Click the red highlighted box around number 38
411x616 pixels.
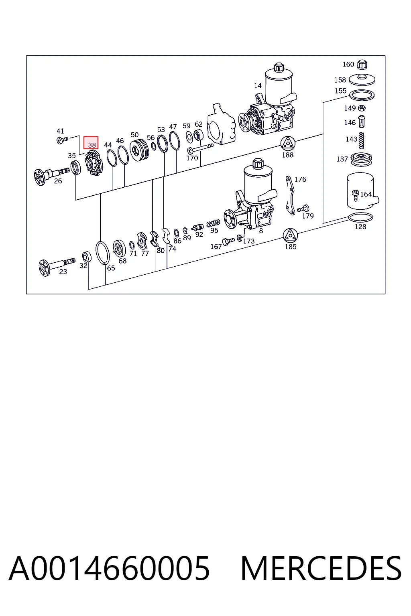click(91, 143)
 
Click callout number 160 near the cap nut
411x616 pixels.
click(348, 64)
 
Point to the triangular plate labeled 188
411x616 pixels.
click(288, 144)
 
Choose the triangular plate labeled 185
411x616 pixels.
click(290, 236)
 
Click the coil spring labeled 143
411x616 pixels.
click(362, 140)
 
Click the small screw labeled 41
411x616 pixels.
click(62, 140)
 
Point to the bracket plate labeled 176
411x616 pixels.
click(290, 195)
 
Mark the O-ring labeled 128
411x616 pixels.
click(360, 217)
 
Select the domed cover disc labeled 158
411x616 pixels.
click(362, 80)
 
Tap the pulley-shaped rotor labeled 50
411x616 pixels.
click(139, 150)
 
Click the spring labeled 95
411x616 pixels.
click(214, 223)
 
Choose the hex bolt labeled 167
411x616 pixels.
click(228, 241)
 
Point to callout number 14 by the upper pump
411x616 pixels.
click(258, 86)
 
